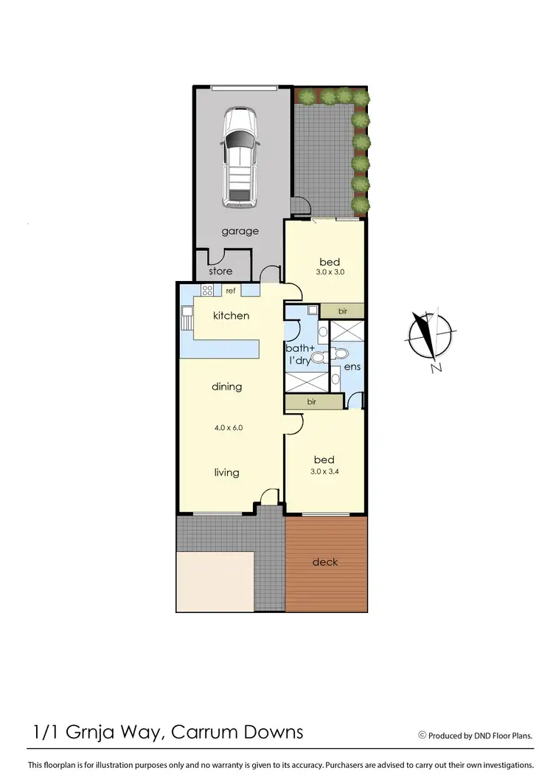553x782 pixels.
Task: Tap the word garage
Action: pos(240,231)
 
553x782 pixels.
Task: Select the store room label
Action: pos(220,271)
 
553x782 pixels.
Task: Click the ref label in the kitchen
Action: pos(230,291)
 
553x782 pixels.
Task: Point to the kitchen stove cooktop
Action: pos(207,291)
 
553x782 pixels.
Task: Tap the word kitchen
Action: pos(231,316)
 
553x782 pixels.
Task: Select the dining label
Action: pos(227,387)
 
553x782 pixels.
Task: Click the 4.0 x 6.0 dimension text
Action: pos(227,427)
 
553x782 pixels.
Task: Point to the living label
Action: pos(226,473)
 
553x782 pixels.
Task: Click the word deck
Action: pos(325,562)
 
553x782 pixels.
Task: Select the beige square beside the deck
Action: pos(215,581)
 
